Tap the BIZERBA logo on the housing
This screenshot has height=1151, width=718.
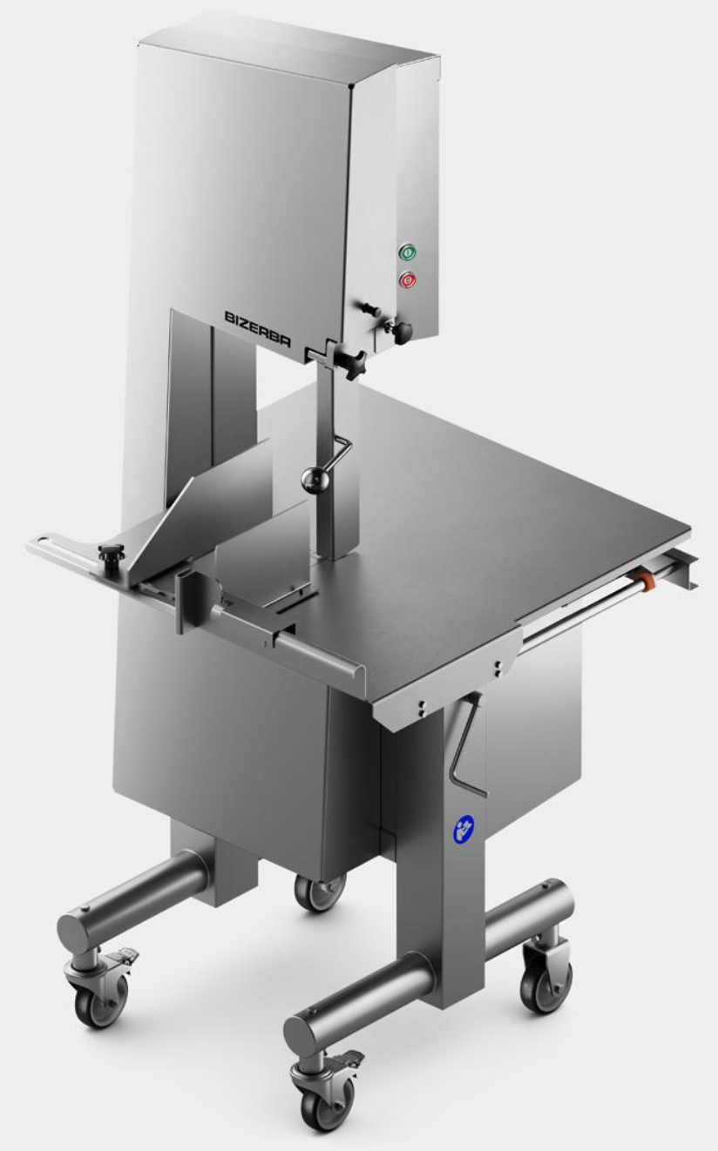click(258, 329)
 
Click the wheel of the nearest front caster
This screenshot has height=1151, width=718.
click(326, 1112)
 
